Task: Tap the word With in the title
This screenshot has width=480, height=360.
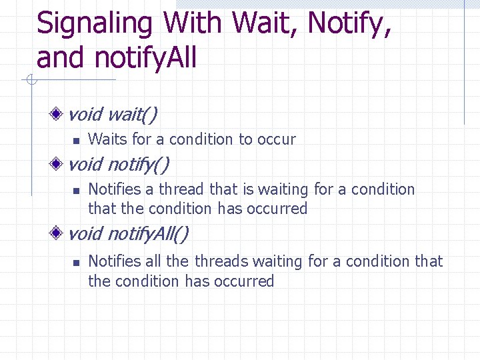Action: point(194,23)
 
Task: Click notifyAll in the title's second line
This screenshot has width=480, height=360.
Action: point(145,58)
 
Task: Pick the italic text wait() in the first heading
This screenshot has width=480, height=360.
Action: point(132,115)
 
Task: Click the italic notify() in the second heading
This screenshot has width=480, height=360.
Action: point(138,164)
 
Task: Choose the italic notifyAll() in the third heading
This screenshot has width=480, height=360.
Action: point(147,234)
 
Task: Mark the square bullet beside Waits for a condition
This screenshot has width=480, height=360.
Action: point(76,140)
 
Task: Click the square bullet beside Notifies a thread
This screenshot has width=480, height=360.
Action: point(76,191)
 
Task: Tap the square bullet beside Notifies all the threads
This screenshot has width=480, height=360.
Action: point(76,263)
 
